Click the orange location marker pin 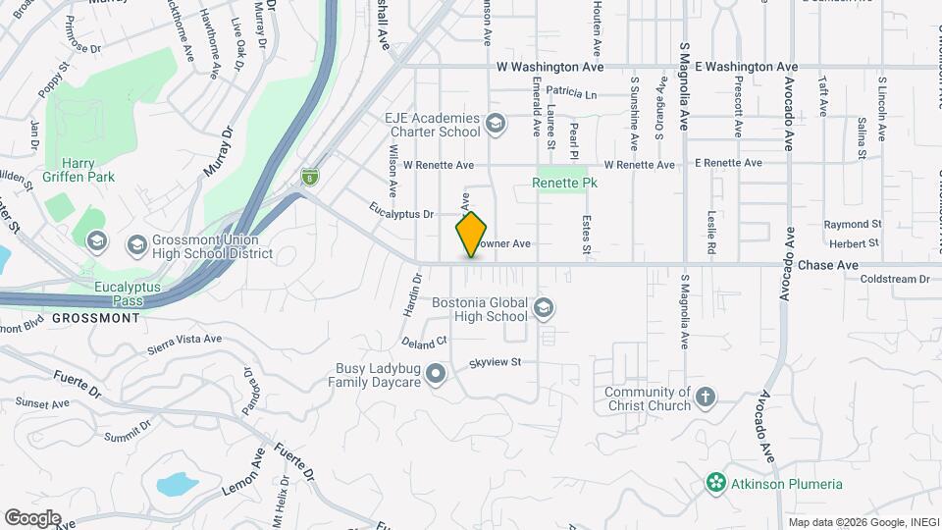[471, 234]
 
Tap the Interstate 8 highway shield [310, 177]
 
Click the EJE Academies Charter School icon [495, 125]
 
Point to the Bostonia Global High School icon [543, 310]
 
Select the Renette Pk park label [565, 183]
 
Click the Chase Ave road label [828, 265]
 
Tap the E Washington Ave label [746, 67]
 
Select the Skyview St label [495, 362]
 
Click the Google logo [32, 517]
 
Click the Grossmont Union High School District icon [96, 241]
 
